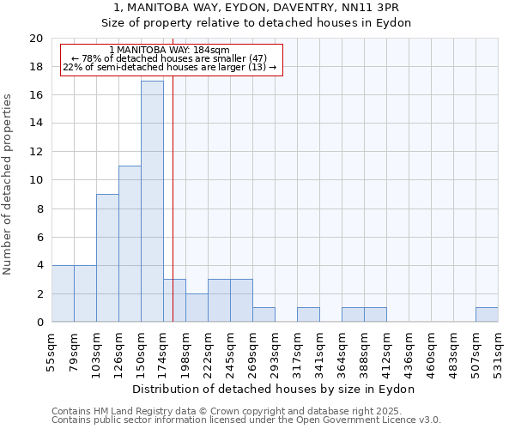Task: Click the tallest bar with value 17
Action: coord(152,202)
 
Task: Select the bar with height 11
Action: coord(130,244)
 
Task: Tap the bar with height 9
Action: coord(107,257)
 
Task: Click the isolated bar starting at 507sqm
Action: coord(487,315)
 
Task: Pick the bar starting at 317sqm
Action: coord(308,315)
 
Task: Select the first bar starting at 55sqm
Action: coord(63,293)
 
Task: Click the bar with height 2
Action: coord(197,308)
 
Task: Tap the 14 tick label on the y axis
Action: coord(35,124)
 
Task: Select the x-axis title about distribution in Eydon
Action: coord(274,389)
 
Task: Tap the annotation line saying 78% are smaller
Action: coord(169,58)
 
